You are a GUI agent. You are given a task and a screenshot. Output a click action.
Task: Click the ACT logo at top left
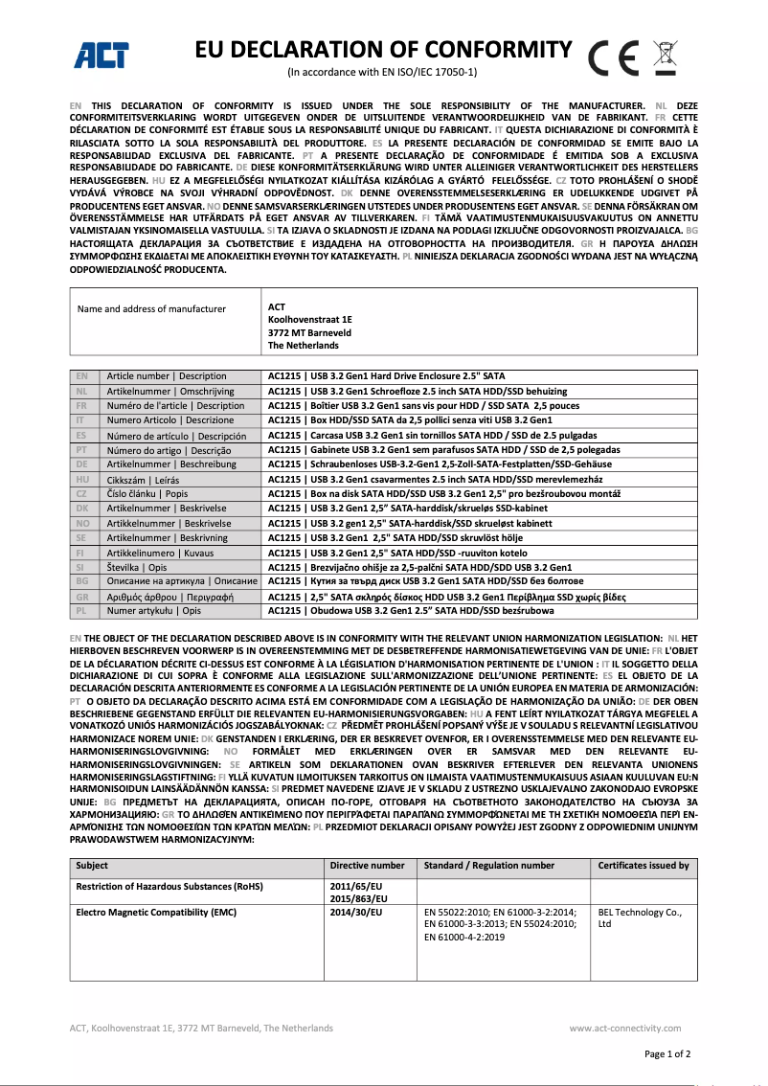pos(102,56)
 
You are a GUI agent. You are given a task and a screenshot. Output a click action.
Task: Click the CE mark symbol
pos(614,59)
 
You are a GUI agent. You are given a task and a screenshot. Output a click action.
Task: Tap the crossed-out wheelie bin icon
pos(665,57)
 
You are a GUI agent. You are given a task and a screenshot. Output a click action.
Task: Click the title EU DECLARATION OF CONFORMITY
pos(383,50)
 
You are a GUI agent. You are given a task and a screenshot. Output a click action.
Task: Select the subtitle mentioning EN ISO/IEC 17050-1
pos(383,73)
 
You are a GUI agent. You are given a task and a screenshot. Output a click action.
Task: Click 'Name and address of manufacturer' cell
pos(151,308)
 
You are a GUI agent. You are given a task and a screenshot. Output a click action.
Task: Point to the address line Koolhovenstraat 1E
pos(310,320)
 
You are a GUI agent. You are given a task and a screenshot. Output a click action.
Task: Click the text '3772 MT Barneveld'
pos(309,332)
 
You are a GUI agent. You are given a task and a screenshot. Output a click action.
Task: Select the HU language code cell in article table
pos(82,480)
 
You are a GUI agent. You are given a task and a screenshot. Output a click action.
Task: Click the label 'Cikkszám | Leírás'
pos(143,480)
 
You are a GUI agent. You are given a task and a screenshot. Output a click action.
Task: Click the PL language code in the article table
pos(82,609)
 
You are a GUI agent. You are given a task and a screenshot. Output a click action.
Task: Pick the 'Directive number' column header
pos(367,865)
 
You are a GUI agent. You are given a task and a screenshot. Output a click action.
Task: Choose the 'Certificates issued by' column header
pos(643,865)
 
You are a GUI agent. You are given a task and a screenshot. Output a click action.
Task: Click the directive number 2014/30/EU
pos(355,912)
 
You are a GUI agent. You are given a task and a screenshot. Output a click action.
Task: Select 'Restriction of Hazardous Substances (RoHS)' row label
pos(169,887)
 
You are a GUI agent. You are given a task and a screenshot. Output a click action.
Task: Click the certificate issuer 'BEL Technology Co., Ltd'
pos(639,917)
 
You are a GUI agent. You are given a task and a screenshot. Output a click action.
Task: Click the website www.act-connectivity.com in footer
pos(629,1028)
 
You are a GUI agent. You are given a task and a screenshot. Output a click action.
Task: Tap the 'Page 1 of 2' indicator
pos(667,1053)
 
